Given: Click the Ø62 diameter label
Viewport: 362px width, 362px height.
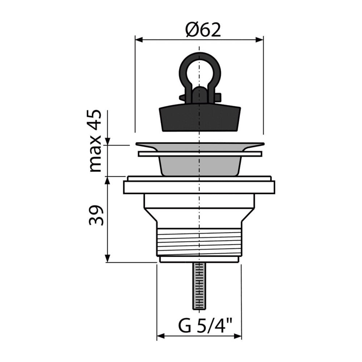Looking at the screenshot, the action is coord(203,30).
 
